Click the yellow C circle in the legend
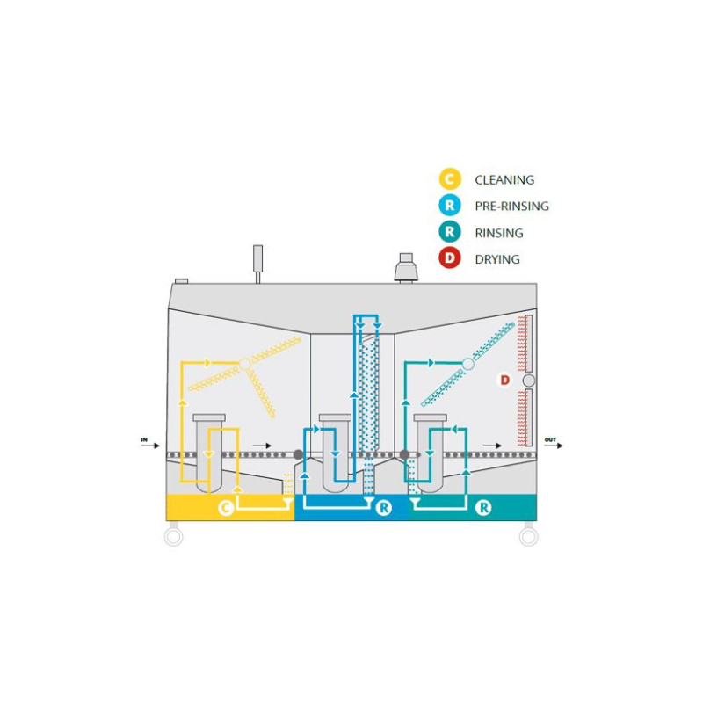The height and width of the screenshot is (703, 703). (x=449, y=179)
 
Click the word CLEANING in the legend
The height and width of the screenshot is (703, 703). (x=504, y=180)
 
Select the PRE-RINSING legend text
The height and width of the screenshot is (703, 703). (x=511, y=207)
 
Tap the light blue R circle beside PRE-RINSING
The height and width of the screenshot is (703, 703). (x=449, y=207)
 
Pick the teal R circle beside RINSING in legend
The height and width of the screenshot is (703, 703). (x=449, y=233)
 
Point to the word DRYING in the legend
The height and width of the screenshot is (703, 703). (x=497, y=259)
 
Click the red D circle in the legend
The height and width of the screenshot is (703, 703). (x=449, y=259)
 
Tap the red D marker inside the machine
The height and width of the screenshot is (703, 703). (x=504, y=380)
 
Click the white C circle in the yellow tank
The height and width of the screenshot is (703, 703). (x=226, y=507)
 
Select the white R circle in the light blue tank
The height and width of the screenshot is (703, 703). (x=383, y=508)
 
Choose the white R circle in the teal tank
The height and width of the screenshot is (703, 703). (x=482, y=507)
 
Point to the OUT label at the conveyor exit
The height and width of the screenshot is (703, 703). (x=550, y=438)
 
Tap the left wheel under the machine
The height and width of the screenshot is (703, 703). (x=174, y=535)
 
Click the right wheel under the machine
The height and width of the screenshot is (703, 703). (x=528, y=535)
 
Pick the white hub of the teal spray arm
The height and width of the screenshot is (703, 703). (x=468, y=362)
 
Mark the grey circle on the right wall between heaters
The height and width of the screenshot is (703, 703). (x=529, y=380)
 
